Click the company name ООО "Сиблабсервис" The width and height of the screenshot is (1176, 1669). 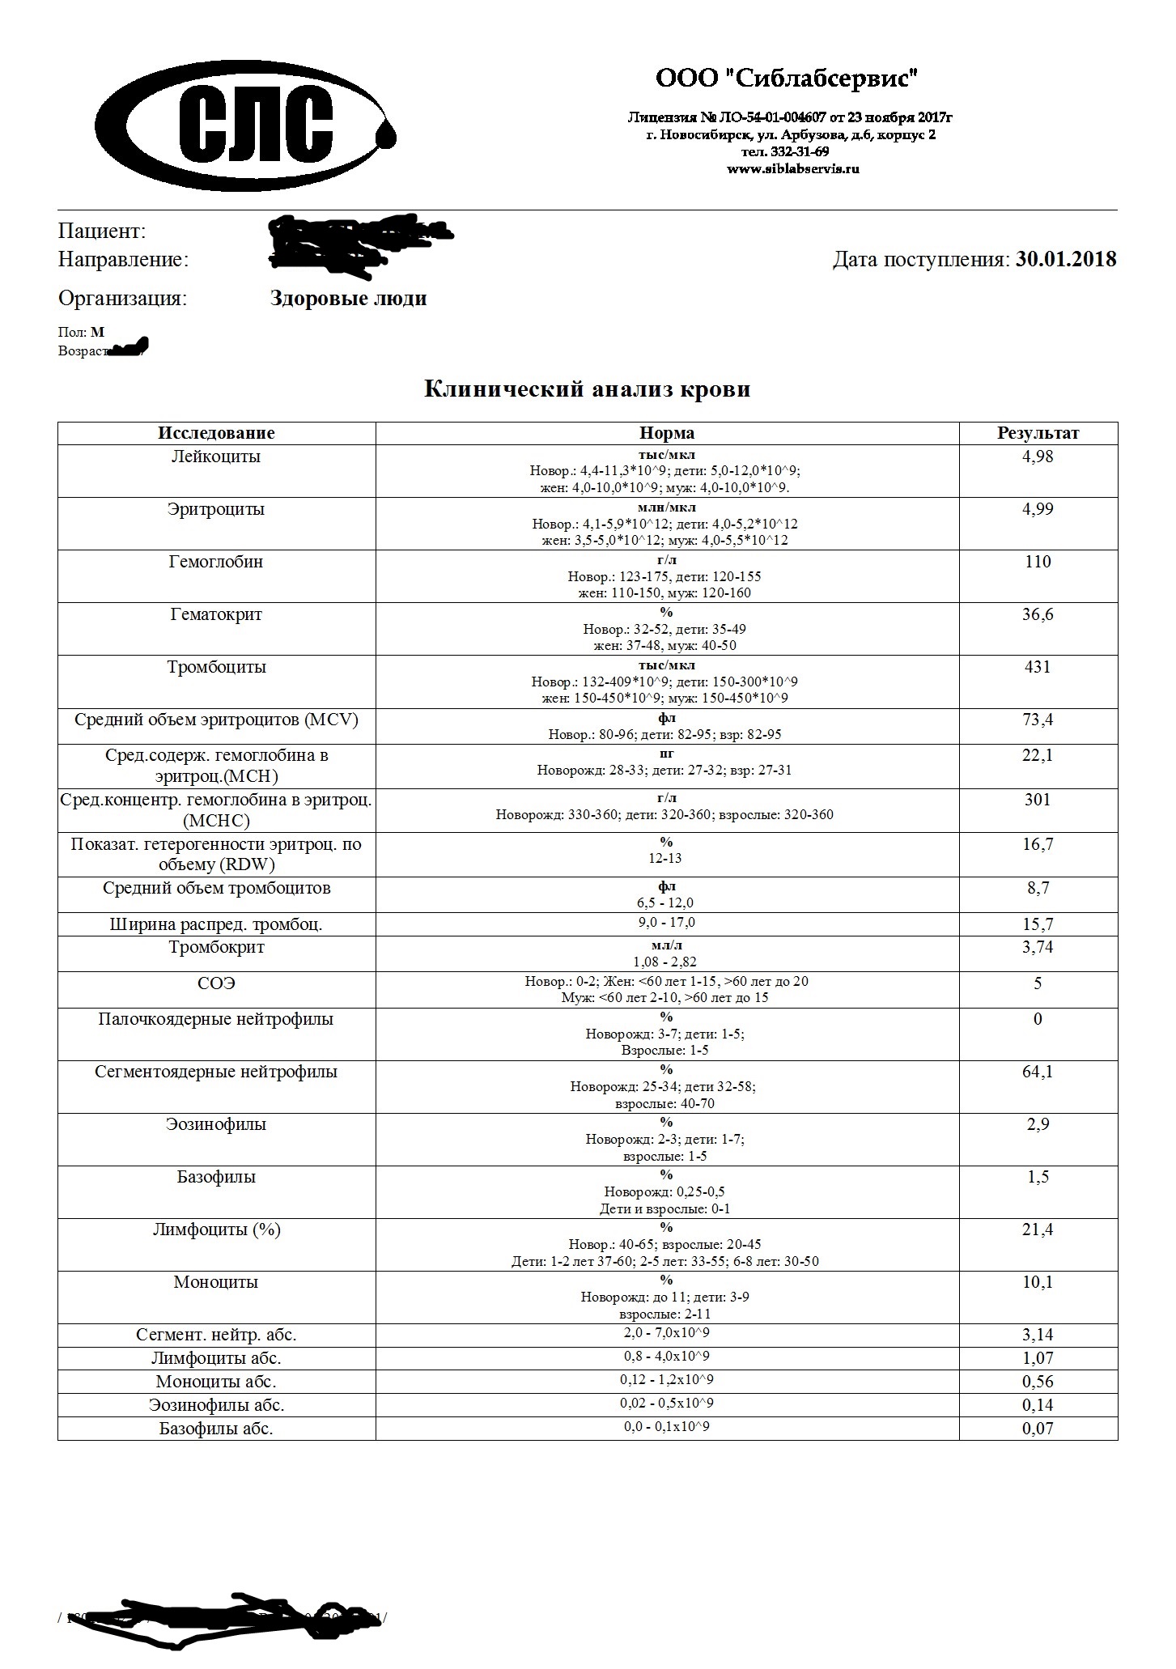788,79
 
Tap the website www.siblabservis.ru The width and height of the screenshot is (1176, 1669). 792,169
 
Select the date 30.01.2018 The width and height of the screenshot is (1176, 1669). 1066,259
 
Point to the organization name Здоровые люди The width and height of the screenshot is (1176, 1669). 348,299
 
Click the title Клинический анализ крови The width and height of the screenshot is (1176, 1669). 588,389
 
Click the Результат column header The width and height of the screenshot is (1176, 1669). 1038,433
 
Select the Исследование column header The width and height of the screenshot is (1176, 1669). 216,433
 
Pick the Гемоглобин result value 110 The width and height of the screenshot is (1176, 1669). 1038,562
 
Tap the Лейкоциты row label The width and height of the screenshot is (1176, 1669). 216,457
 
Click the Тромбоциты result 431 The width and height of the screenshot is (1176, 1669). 1038,667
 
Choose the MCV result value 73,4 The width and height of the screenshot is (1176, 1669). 1038,720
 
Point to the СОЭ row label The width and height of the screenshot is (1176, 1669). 216,983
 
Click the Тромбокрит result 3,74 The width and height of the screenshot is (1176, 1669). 1038,947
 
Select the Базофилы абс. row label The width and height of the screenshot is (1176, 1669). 216,1429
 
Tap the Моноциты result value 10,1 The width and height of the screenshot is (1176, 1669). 1038,1282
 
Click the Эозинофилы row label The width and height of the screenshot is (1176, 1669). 216,1124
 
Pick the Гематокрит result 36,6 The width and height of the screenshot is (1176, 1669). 1038,614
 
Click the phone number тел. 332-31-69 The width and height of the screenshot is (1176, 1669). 784,152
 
